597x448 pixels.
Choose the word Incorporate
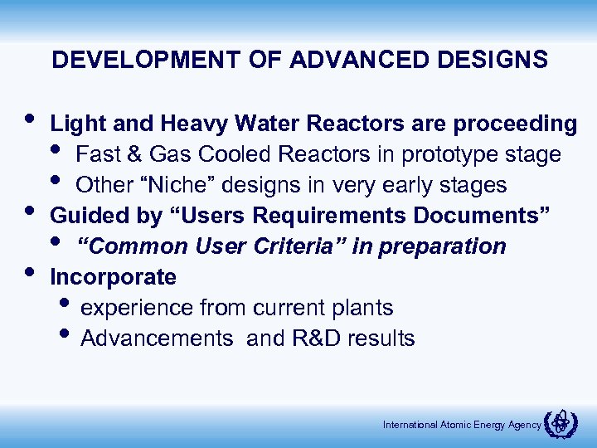click(114, 277)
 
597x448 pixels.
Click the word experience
click(138, 308)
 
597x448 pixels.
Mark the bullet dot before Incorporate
click(30, 270)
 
